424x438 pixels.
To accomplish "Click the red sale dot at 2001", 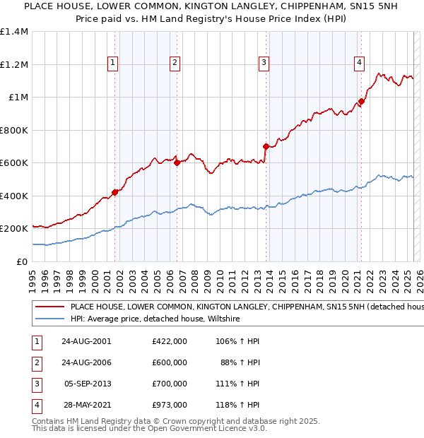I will tap(114, 192).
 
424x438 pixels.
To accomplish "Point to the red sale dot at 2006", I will tap(177, 163).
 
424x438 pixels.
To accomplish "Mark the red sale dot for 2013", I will tap(266, 147).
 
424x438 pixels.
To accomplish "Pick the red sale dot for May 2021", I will tap(361, 102).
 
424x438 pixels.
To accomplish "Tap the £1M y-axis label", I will tap(18, 97).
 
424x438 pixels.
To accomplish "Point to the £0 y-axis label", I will tap(23, 261).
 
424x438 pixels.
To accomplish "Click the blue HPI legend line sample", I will tap(49, 319).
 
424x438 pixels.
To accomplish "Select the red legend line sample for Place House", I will tap(49, 307).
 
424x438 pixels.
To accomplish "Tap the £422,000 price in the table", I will tap(169, 341).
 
